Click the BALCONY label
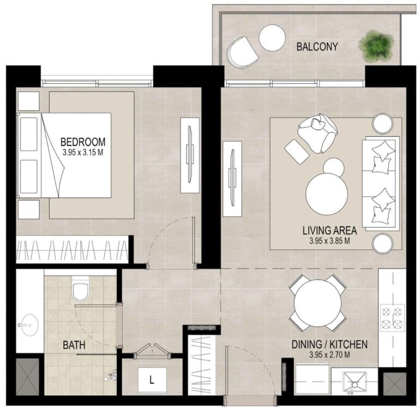coord(317,46)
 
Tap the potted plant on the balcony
coord(376,46)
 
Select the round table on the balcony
coord(272,38)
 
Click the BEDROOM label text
coord(83,142)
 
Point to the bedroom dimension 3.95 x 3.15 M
coord(83,153)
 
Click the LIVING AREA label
coord(330,230)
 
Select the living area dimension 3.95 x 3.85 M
coord(330,241)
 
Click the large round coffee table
coord(327,194)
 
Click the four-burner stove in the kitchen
coord(393,318)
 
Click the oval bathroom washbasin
coord(29,325)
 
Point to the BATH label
coord(74,345)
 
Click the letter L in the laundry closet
coord(152,380)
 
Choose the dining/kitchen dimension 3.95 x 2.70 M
coord(330,355)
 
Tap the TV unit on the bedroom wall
coord(190,155)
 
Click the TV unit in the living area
coord(232,179)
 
